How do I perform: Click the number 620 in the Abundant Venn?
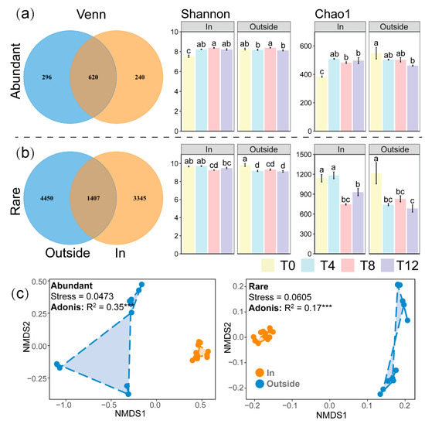(x=93, y=77)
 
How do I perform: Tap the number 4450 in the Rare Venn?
(x=46, y=198)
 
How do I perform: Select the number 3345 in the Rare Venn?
(x=140, y=198)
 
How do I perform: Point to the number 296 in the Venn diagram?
(x=46, y=77)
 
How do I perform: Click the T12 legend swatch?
(x=387, y=265)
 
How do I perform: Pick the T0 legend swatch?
(x=268, y=265)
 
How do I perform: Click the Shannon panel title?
(x=206, y=14)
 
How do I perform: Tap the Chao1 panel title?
(x=332, y=14)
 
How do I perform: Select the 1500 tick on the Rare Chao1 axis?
(x=304, y=155)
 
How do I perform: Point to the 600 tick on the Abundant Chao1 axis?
(x=306, y=46)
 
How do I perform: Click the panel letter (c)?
(x=20, y=293)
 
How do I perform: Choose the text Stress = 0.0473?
(x=82, y=296)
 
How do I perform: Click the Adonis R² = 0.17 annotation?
(x=290, y=308)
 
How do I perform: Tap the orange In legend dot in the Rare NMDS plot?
(x=260, y=372)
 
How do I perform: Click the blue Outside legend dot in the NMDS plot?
(x=260, y=384)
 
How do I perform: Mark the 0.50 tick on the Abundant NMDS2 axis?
(x=39, y=282)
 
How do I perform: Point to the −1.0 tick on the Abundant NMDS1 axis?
(x=63, y=405)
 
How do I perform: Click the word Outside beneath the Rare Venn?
(x=67, y=253)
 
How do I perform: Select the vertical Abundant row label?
(x=15, y=71)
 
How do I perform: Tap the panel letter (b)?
(x=25, y=153)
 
